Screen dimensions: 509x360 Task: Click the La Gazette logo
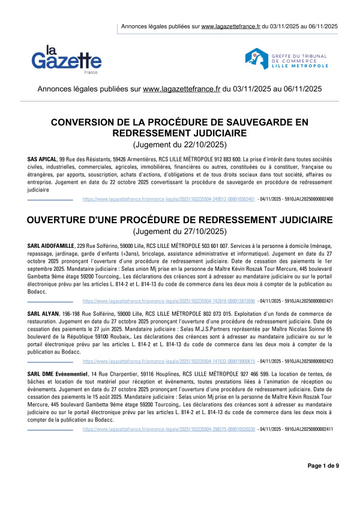coord(67,58)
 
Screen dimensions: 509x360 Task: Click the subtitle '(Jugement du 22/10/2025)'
coord(179,145)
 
